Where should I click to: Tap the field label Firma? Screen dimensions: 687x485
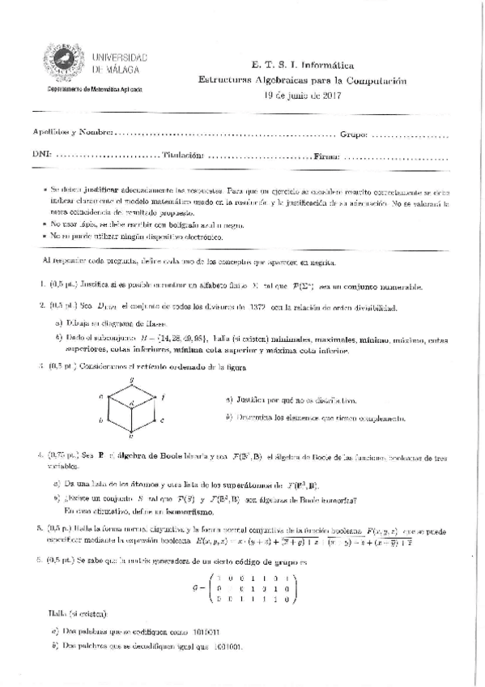327,153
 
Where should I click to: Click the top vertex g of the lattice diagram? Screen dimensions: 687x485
130,381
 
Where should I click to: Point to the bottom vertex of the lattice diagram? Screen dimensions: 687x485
130,434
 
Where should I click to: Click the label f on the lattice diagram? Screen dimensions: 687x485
164,397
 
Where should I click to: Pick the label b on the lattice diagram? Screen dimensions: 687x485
100,420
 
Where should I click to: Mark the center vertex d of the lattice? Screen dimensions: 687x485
131,403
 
